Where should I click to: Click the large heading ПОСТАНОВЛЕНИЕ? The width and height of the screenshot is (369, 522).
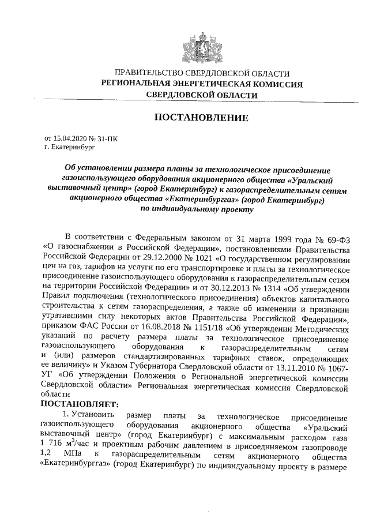coord(201,118)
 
